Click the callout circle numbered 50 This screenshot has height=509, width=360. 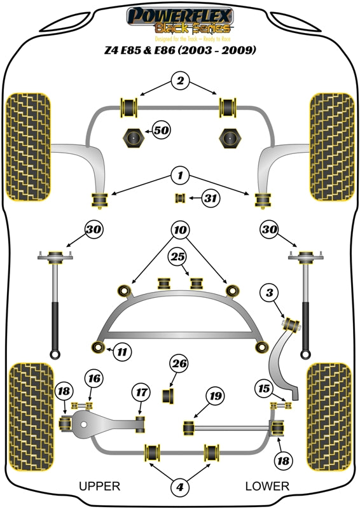point(161,131)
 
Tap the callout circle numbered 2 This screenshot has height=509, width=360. point(180,81)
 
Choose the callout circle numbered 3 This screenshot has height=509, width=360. point(270,293)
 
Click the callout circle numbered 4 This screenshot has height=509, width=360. point(180,487)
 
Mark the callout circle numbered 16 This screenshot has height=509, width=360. point(93,379)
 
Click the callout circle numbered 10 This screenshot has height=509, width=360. point(180,228)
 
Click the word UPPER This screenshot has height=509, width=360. point(99,487)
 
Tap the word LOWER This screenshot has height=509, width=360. point(267,487)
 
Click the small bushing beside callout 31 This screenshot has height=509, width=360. point(179,198)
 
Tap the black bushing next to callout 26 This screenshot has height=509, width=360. point(169,395)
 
